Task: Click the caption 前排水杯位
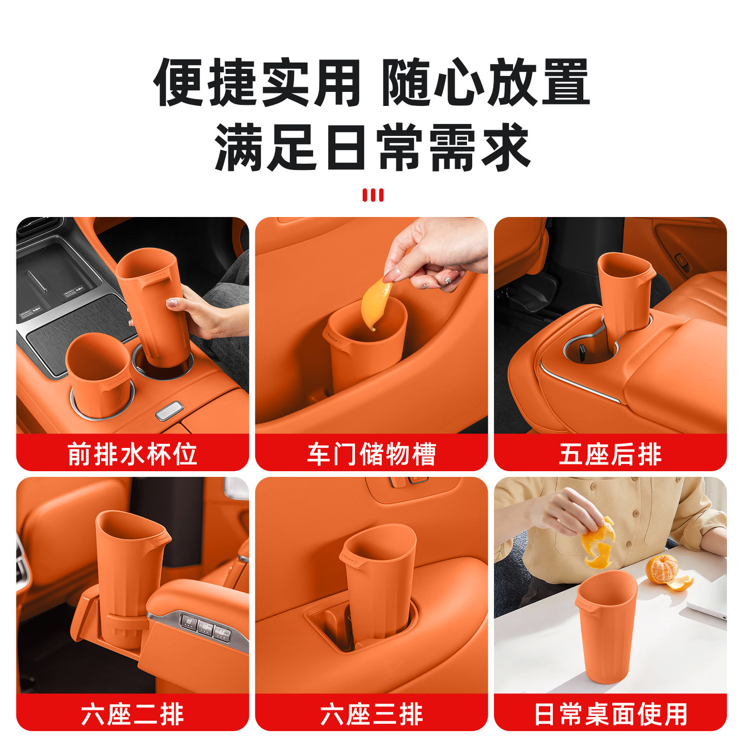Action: [132, 454]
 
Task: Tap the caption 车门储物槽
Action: [371, 454]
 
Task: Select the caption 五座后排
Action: [610, 454]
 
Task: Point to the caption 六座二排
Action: [132, 715]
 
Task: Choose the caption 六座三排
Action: [371, 715]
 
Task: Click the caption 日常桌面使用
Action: [610, 715]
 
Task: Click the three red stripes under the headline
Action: [373, 195]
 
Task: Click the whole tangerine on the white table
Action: [662, 569]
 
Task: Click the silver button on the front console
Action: [169, 410]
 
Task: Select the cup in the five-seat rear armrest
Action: [624, 292]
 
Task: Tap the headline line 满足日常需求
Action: [373, 148]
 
